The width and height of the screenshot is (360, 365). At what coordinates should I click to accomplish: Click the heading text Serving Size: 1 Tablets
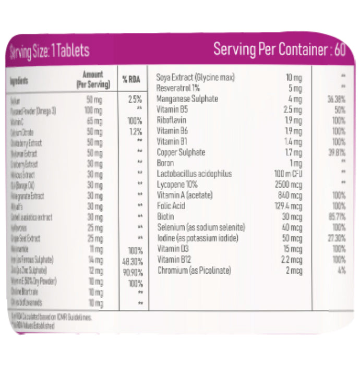coord(50,51)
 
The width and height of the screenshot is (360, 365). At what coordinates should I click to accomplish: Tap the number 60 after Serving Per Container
coord(340,50)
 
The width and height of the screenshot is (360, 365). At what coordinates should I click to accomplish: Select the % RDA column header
coord(131,80)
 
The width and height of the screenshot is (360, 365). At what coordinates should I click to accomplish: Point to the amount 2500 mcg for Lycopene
coord(289,185)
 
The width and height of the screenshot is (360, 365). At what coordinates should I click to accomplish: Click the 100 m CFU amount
coord(286,174)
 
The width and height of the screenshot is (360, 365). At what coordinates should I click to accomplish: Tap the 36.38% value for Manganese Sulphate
coord(337,99)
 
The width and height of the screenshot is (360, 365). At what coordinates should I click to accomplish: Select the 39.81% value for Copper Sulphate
coord(337,152)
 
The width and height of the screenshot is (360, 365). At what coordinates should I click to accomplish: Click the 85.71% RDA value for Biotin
coord(337,216)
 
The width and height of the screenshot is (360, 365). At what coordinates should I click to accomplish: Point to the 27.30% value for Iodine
coord(337,238)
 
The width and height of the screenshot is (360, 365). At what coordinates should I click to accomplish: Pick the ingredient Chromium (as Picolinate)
coord(194,270)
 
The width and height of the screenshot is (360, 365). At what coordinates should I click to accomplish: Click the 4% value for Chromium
coord(341,270)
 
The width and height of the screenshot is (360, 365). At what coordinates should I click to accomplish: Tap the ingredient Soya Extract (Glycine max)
coord(196,78)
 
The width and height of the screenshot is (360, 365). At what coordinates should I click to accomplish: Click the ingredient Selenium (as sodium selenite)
coord(201,227)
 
